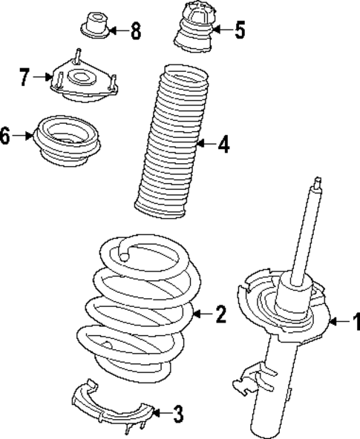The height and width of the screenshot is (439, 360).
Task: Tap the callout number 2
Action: pos(220,315)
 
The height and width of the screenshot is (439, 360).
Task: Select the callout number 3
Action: pos(178,412)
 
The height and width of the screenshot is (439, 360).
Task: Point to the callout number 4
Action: pos(223,145)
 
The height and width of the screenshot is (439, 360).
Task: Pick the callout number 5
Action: pos(239,30)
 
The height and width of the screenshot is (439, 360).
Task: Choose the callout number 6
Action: pos(7,136)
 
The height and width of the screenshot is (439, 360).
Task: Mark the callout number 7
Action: pos(25,75)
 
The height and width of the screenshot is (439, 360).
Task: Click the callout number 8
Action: pos(134,31)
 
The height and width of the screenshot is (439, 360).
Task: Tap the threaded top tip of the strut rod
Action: pos(318,183)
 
